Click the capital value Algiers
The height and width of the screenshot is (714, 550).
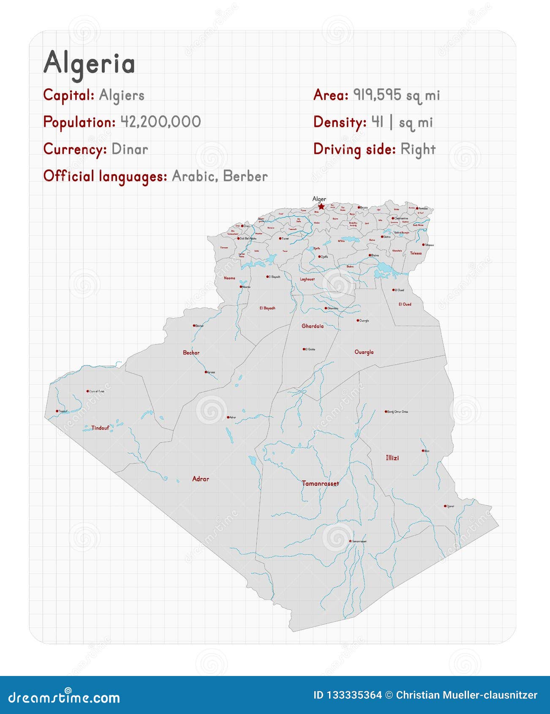click(122, 95)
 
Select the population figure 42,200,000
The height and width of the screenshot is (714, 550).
click(161, 122)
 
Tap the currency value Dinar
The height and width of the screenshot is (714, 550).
click(130, 149)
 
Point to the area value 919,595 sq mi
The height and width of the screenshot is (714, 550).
click(397, 95)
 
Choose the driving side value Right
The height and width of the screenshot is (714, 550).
click(418, 149)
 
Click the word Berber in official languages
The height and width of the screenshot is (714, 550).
click(245, 176)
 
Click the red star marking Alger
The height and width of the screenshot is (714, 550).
click(321, 207)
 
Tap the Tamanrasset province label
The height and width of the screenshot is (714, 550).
click(320, 483)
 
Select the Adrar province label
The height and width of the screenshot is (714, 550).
click(200, 479)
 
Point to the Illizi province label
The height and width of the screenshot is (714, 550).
click(392, 458)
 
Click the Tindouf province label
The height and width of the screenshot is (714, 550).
click(100, 428)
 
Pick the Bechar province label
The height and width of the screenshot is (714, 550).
click(191, 352)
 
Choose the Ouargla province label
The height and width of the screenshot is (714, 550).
click(364, 352)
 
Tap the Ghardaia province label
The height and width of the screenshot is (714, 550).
click(312, 326)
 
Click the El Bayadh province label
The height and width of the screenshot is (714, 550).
click(267, 308)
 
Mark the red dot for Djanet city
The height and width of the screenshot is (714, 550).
click(445, 506)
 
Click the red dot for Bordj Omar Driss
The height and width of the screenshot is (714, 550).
click(386, 412)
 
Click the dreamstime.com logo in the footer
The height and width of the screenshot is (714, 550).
click(64, 697)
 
